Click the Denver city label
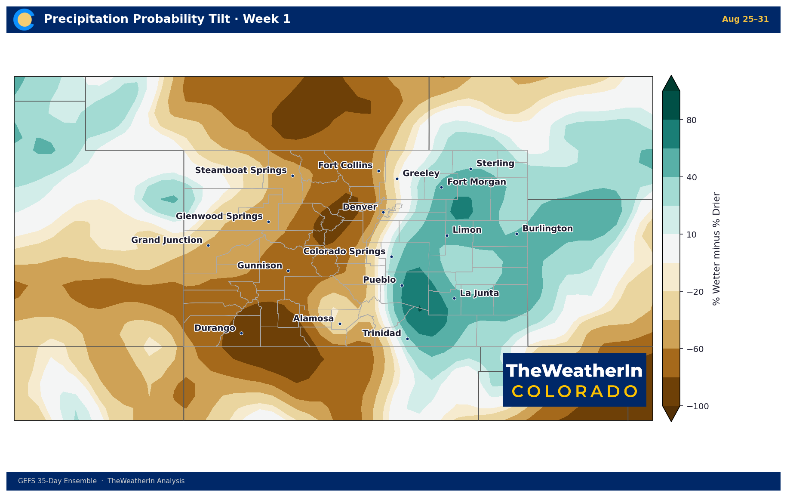tap(360, 207)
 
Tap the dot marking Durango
tap(241, 333)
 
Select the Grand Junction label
tap(166, 240)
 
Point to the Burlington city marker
tap(516, 234)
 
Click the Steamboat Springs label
tap(241, 170)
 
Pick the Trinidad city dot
tap(407, 339)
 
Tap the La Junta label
tap(480, 293)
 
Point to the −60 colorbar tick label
tap(695, 349)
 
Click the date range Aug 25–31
tap(745, 19)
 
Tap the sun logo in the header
tap(24, 20)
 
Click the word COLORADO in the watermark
tap(575, 392)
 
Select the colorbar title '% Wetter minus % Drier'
tap(716, 249)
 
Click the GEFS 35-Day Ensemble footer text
tap(57, 481)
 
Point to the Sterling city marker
tap(470, 169)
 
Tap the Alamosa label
tap(313, 318)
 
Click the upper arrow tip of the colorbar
tap(671, 76)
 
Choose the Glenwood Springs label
tap(219, 216)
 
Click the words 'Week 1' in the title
tap(267, 19)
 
